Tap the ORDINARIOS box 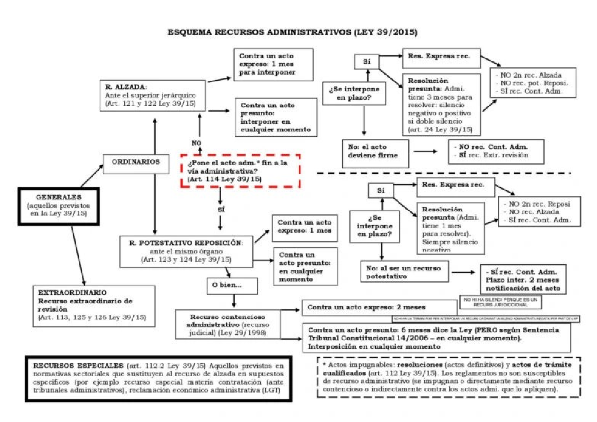coord(136,163)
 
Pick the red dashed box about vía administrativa coord(241,171)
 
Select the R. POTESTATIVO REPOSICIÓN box coord(187,251)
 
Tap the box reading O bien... coord(232,286)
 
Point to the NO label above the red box coord(196,143)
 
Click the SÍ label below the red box coord(221,210)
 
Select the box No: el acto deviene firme coord(376,152)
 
